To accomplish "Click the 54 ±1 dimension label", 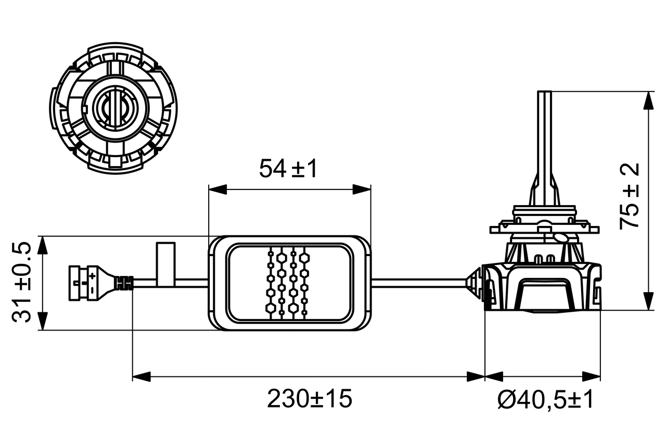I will coord(288,169).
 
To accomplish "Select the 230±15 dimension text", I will coord(310,399).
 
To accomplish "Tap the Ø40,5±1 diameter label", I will coord(545,400).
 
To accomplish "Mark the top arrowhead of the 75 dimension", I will coord(648,100).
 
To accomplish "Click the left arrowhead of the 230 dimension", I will coord(142,376).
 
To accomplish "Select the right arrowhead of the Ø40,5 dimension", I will coord(592,376).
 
